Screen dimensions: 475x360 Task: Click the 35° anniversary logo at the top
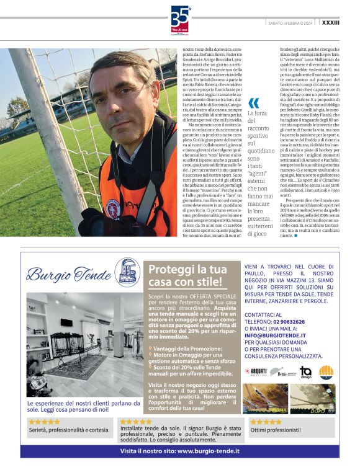click(179, 18)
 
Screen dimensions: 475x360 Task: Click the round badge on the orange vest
click(113, 206)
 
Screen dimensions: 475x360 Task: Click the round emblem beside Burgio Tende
click(128, 272)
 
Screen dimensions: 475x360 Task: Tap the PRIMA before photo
click(266, 398)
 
